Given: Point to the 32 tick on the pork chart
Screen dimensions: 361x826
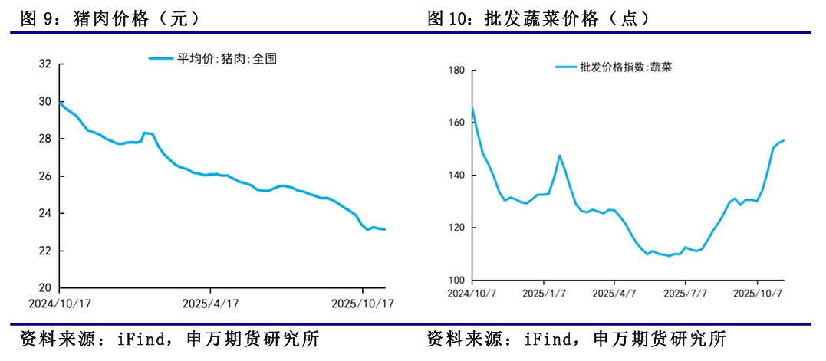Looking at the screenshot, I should (x=45, y=64).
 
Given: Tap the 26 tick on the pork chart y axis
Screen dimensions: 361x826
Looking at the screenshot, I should (x=45, y=176).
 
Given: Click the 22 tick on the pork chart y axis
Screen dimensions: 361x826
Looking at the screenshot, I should (x=45, y=251).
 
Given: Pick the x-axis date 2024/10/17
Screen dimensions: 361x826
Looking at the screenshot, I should (x=61, y=303).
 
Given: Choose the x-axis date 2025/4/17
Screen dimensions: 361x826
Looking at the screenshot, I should (x=210, y=303).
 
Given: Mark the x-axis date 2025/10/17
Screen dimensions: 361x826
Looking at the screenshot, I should (x=361, y=303).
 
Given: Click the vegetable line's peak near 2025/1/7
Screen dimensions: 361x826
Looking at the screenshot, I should (x=559, y=156).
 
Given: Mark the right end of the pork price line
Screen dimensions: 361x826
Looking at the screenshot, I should (x=384, y=229).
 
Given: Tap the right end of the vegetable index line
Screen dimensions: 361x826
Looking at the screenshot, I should (x=784, y=140).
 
